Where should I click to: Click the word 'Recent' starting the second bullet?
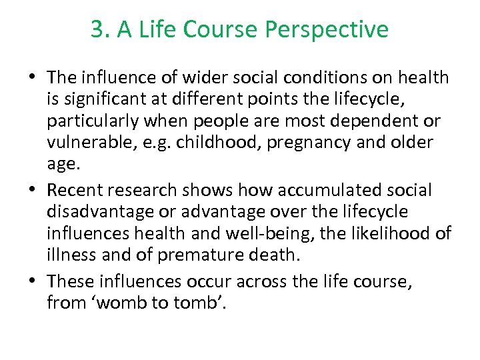click(x=73, y=191)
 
